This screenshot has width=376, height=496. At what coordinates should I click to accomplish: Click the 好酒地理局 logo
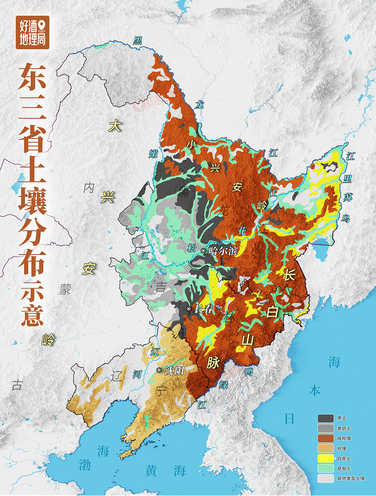(32, 32)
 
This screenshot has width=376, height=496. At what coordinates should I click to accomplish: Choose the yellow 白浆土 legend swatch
(325, 458)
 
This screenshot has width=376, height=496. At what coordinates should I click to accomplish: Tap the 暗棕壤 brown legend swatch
(325, 438)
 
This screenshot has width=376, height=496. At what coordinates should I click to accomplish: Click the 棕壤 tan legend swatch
(325, 448)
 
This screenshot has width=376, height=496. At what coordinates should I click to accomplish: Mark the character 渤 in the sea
(84, 465)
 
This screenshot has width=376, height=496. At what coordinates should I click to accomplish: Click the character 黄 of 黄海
(151, 470)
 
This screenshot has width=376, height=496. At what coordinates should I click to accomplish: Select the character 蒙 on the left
(64, 289)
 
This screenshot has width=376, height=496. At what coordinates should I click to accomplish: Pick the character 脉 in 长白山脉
(213, 362)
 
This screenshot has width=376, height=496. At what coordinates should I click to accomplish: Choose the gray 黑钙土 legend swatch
(325, 428)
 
